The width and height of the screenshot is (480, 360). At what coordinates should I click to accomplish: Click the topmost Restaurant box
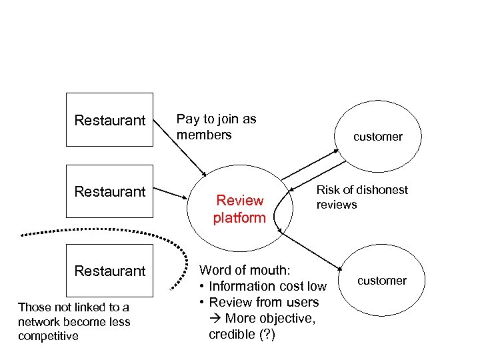109,120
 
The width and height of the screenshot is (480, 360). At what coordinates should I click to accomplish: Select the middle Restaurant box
109,192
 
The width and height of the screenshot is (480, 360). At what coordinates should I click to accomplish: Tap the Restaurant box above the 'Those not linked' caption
109,271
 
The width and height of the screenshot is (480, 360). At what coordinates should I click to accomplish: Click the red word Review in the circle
240,201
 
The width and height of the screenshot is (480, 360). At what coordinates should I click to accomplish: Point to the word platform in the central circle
239,217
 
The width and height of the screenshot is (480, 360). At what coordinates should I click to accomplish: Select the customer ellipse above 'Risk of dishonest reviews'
377,137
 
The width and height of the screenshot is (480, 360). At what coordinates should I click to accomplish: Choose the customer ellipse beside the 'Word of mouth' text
381,281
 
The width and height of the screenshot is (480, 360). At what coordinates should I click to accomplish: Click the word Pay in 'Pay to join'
187,119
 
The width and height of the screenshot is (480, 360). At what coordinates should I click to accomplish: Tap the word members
204,135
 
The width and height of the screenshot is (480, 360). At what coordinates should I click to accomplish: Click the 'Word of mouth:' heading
245,270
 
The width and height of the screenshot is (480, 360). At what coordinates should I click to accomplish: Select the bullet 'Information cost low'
267,286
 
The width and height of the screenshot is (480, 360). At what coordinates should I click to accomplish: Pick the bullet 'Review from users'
263,302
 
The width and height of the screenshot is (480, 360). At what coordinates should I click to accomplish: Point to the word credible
230,334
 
